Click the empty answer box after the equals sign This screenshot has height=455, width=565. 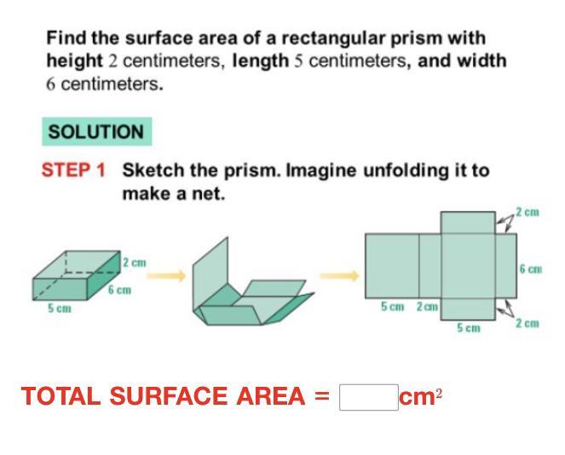click(369, 397)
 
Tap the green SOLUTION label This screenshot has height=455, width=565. click(96, 131)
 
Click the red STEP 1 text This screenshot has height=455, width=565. click(73, 170)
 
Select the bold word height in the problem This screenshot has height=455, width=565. click(75, 60)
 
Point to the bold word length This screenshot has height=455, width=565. click(261, 60)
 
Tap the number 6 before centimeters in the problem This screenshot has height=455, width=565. click(50, 84)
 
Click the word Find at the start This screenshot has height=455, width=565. click(66, 37)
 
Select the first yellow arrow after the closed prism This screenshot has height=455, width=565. click(166, 276)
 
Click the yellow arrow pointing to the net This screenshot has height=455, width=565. click(340, 276)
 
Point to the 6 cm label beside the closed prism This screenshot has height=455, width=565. click(119, 290)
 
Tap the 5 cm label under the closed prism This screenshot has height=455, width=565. click(60, 308)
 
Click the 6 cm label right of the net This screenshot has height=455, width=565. click(531, 268)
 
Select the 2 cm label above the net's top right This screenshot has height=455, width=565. click(528, 212)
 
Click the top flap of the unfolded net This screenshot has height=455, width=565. click(468, 222)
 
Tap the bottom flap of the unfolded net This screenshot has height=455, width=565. click(468, 309)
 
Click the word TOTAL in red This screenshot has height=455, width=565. click(61, 396)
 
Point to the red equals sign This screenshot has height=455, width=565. click(322, 396)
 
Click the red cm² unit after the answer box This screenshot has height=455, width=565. click(420, 397)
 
